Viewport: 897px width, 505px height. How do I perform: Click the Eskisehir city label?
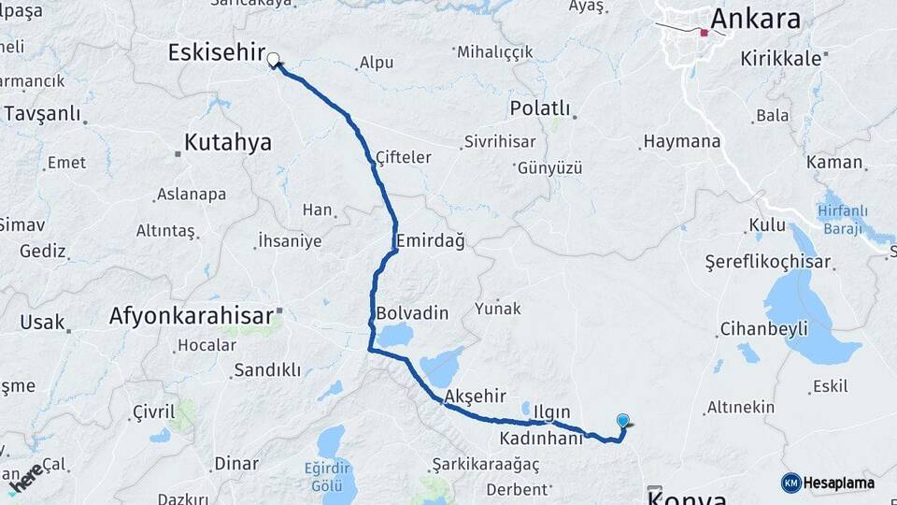[x=217, y=52]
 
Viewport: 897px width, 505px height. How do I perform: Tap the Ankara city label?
[x=756, y=19]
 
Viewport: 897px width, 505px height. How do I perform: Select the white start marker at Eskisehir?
[x=273, y=61]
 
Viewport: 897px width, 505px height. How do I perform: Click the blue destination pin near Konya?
[x=623, y=423]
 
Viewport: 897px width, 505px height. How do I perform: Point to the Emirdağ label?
[x=430, y=241]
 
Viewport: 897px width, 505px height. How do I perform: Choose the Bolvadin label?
[x=412, y=312]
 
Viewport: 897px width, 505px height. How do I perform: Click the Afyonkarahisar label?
[x=192, y=316]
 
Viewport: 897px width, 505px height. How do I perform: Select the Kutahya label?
[x=228, y=143]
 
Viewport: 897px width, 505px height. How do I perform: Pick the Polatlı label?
[x=539, y=108]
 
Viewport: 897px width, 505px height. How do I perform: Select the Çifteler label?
[x=403, y=157]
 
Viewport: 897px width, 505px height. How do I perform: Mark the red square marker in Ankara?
[x=705, y=33]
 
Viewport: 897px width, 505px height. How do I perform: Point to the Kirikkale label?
[x=780, y=58]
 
